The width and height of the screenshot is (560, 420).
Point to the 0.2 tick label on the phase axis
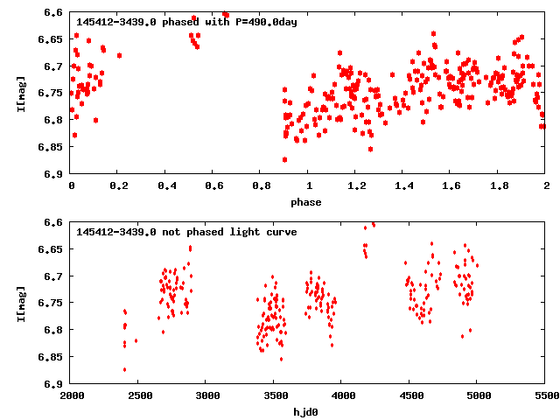(119, 186)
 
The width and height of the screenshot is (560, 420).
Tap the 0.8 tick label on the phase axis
(261, 186)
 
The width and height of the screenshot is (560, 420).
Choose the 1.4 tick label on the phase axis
(403, 186)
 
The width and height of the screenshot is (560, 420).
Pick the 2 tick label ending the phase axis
(546, 186)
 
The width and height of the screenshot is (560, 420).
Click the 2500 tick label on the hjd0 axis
(139, 396)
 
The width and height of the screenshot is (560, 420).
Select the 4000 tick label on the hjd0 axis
(343, 396)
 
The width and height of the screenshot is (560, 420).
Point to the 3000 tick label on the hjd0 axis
(207, 396)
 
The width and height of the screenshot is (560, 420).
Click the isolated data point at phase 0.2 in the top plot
(119, 55)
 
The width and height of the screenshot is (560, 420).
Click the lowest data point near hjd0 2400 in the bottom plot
(124, 369)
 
